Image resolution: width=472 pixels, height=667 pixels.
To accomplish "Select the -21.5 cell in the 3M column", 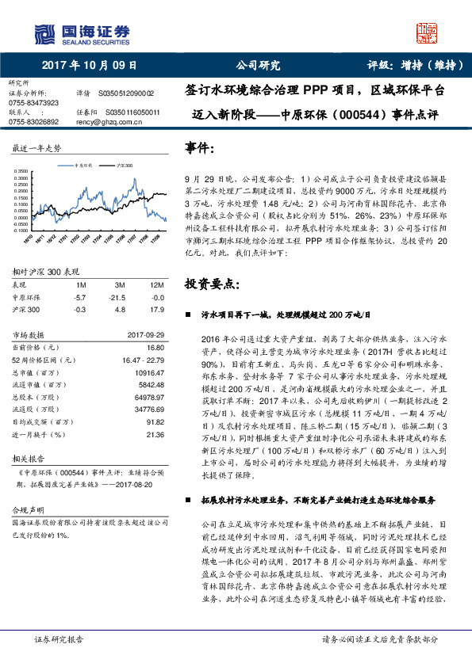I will [x=118, y=297].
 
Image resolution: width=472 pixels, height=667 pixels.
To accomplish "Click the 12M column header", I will [x=156, y=285].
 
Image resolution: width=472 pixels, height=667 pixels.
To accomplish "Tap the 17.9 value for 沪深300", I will [x=157, y=309].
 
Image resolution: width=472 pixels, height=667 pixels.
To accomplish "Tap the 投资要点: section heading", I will [x=209, y=284].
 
